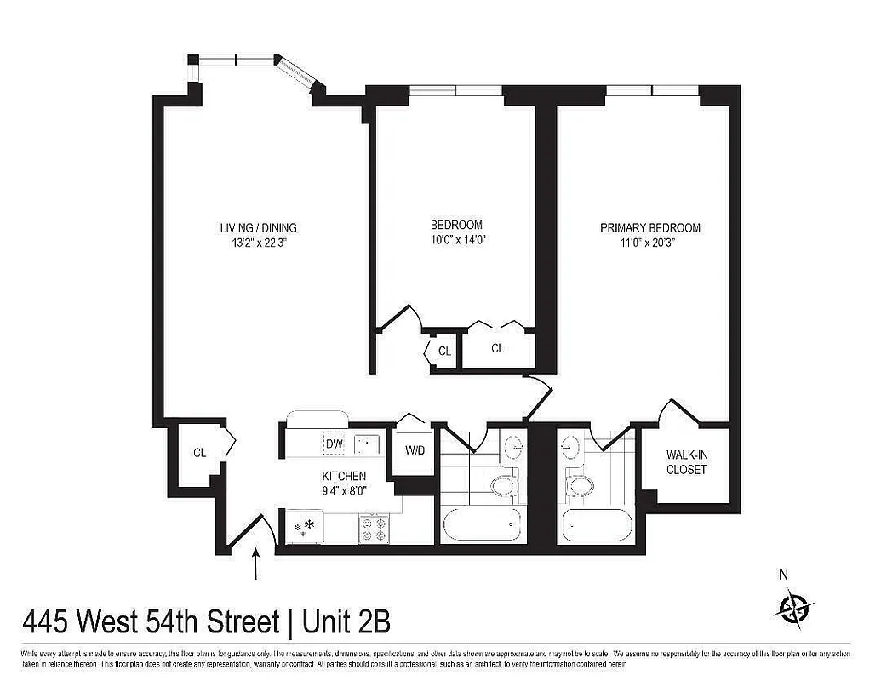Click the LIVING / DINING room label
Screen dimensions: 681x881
click(258, 228)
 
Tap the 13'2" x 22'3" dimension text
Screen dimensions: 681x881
click(258, 243)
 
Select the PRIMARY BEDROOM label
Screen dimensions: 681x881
click(650, 228)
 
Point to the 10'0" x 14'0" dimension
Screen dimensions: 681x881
click(456, 239)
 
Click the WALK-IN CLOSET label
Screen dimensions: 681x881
click(686, 462)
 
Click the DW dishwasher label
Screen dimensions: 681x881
click(334, 444)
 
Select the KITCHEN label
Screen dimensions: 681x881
click(344, 475)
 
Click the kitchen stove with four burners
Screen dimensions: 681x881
click(374, 528)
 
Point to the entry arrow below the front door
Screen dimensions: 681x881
click(256, 565)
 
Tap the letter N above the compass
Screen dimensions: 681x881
click(783, 575)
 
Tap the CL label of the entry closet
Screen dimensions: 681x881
click(199, 453)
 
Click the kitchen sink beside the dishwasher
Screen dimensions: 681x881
click(367, 444)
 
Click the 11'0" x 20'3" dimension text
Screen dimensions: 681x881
click(650, 243)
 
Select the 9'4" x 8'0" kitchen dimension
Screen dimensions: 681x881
click(344, 489)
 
